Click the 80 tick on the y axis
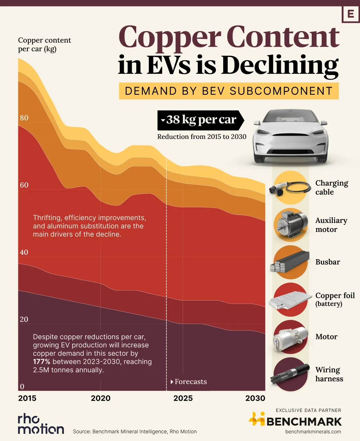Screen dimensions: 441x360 tap(24, 118)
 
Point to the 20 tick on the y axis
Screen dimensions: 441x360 tap(24, 319)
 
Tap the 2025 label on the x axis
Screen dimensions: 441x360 tap(183, 398)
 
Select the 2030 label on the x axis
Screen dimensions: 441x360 tap(255, 398)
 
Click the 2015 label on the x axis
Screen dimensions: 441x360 tap(27, 398)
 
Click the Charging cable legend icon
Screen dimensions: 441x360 tap(290, 188)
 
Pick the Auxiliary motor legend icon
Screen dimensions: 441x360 tap(290, 225)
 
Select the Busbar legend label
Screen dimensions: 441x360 tap(328, 262)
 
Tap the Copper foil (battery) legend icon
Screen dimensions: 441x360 tap(290, 300)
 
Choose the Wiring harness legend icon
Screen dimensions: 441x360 tap(290, 374)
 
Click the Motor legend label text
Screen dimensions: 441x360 tap(326, 337)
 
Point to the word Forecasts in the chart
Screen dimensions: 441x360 tap(191, 382)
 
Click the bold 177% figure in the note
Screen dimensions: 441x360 tap(42, 362)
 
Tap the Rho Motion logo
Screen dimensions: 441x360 tap(41, 424)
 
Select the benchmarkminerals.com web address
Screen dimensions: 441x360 tap(313, 432)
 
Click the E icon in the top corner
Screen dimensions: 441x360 tap(350, 14)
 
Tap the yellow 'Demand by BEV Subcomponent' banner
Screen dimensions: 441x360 tap(229, 91)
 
